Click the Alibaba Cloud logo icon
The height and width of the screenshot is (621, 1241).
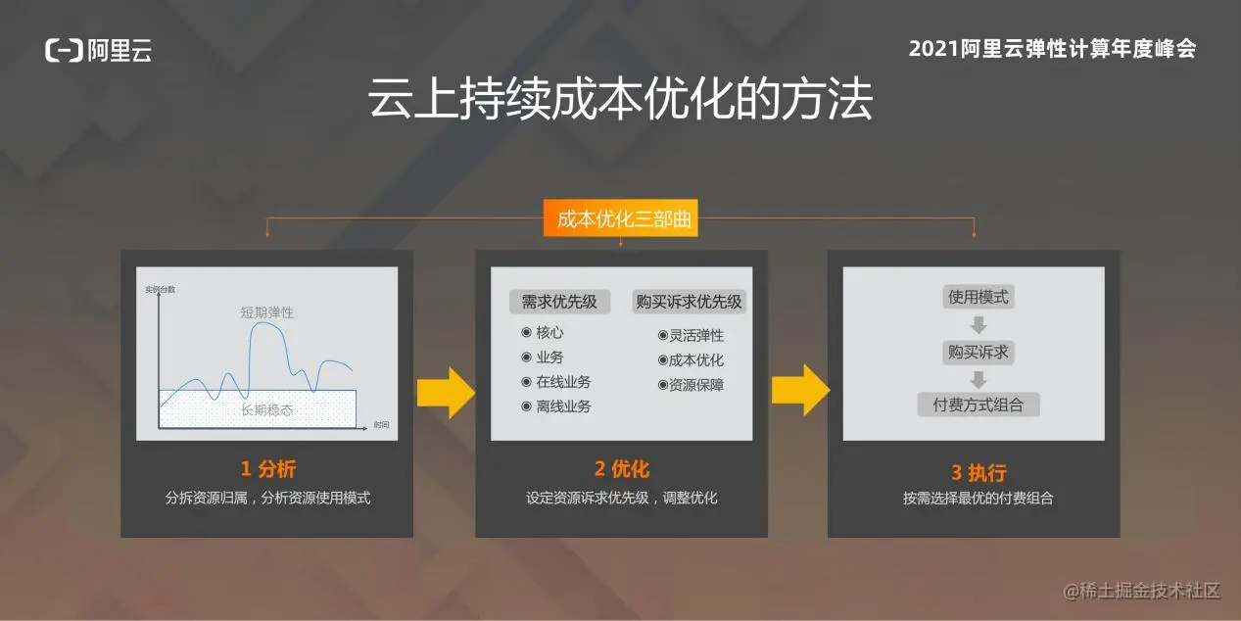pyautogui.click(x=64, y=50)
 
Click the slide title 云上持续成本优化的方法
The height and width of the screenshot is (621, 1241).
pyautogui.click(x=621, y=99)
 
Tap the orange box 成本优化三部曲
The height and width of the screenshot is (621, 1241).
pyautogui.click(x=621, y=218)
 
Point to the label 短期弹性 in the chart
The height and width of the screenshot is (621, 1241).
pyautogui.click(x=267, y=312)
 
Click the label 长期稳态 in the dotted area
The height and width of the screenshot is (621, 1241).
pyautogui.click(x=267, y=410)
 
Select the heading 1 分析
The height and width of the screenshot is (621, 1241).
pyautogui.click(x=268, y=469)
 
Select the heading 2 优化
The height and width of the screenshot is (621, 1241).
pyautogui.click(x=622, y=469)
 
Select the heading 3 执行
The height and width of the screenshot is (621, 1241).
pyautogui.click(x=978, y=472)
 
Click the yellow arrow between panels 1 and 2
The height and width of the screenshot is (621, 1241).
pyautogui.click(x=446, y=392)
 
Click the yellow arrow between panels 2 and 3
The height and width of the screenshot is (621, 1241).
pyautogui.click(x=800, y=390)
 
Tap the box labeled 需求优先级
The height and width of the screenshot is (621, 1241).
pyautogui.click(x=559, y=302)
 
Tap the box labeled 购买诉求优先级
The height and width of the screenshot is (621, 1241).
pyautogui.click(x=689, y=302)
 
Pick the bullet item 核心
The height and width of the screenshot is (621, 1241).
pyautogui.click(x=543, y=332)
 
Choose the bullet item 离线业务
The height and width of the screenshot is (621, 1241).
pyautogui.click(x=556, y=406)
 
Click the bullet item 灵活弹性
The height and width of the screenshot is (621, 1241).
pyautogui.click(x=691, y=335)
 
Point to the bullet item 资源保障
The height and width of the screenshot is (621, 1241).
pyautogui.click(x=691, y=385)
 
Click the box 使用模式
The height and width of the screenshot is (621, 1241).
pyautogui.click(x=978, y=298)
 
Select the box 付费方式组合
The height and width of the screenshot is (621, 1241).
pyautogui.click(x=978, y=405)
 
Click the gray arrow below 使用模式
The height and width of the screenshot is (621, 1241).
pyautogui.click(x=978, y=325)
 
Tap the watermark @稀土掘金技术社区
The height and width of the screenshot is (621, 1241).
pyautogui.click(x=1142, y=591)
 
